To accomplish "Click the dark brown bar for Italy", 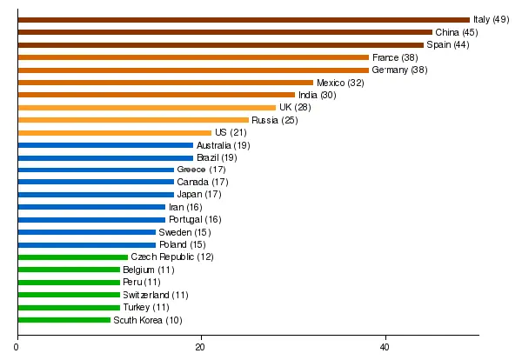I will (x=244, y=19).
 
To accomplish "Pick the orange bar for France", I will (x=193, y=57).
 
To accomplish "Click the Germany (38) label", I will (x=399, y=70).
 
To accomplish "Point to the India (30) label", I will (x=317, y=95).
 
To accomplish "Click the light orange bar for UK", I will (x=146, y=108).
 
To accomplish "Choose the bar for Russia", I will (x=133, y=120).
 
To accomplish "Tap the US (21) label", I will (x=231, y=132).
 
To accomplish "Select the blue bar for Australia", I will (x=105, y=145).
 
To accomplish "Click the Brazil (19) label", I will (x=217, y=157).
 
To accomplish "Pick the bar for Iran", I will (x=91, y=207).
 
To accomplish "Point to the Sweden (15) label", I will (x=183, y=232).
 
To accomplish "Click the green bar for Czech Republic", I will (x=73, y=257).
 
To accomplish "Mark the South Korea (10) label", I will (x=148, y=320).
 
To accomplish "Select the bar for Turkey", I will (x=69, y=307).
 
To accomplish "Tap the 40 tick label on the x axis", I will (x=385, y=348).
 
